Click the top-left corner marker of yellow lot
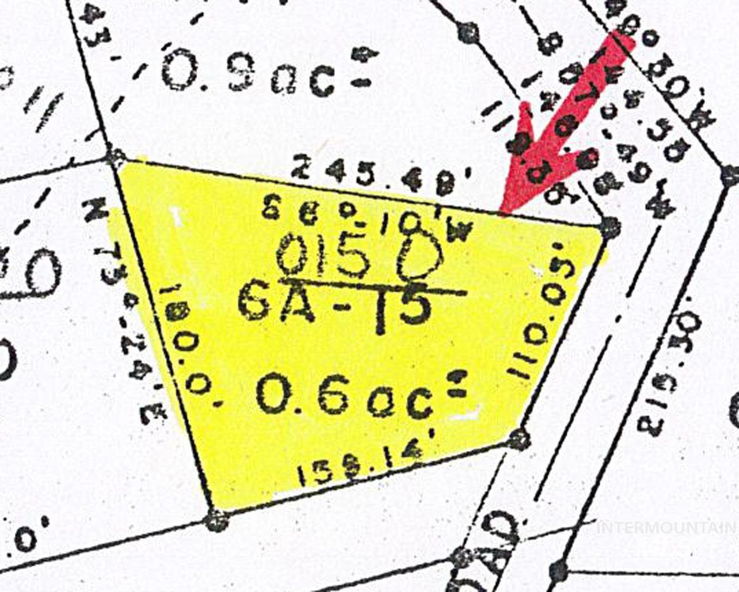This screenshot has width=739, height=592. click(115, 156)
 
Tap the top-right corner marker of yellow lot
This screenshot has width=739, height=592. click(609, 227)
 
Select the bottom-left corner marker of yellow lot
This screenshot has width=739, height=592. click(216, 521)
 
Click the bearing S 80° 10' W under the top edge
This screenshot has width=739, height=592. click(367, 219)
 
